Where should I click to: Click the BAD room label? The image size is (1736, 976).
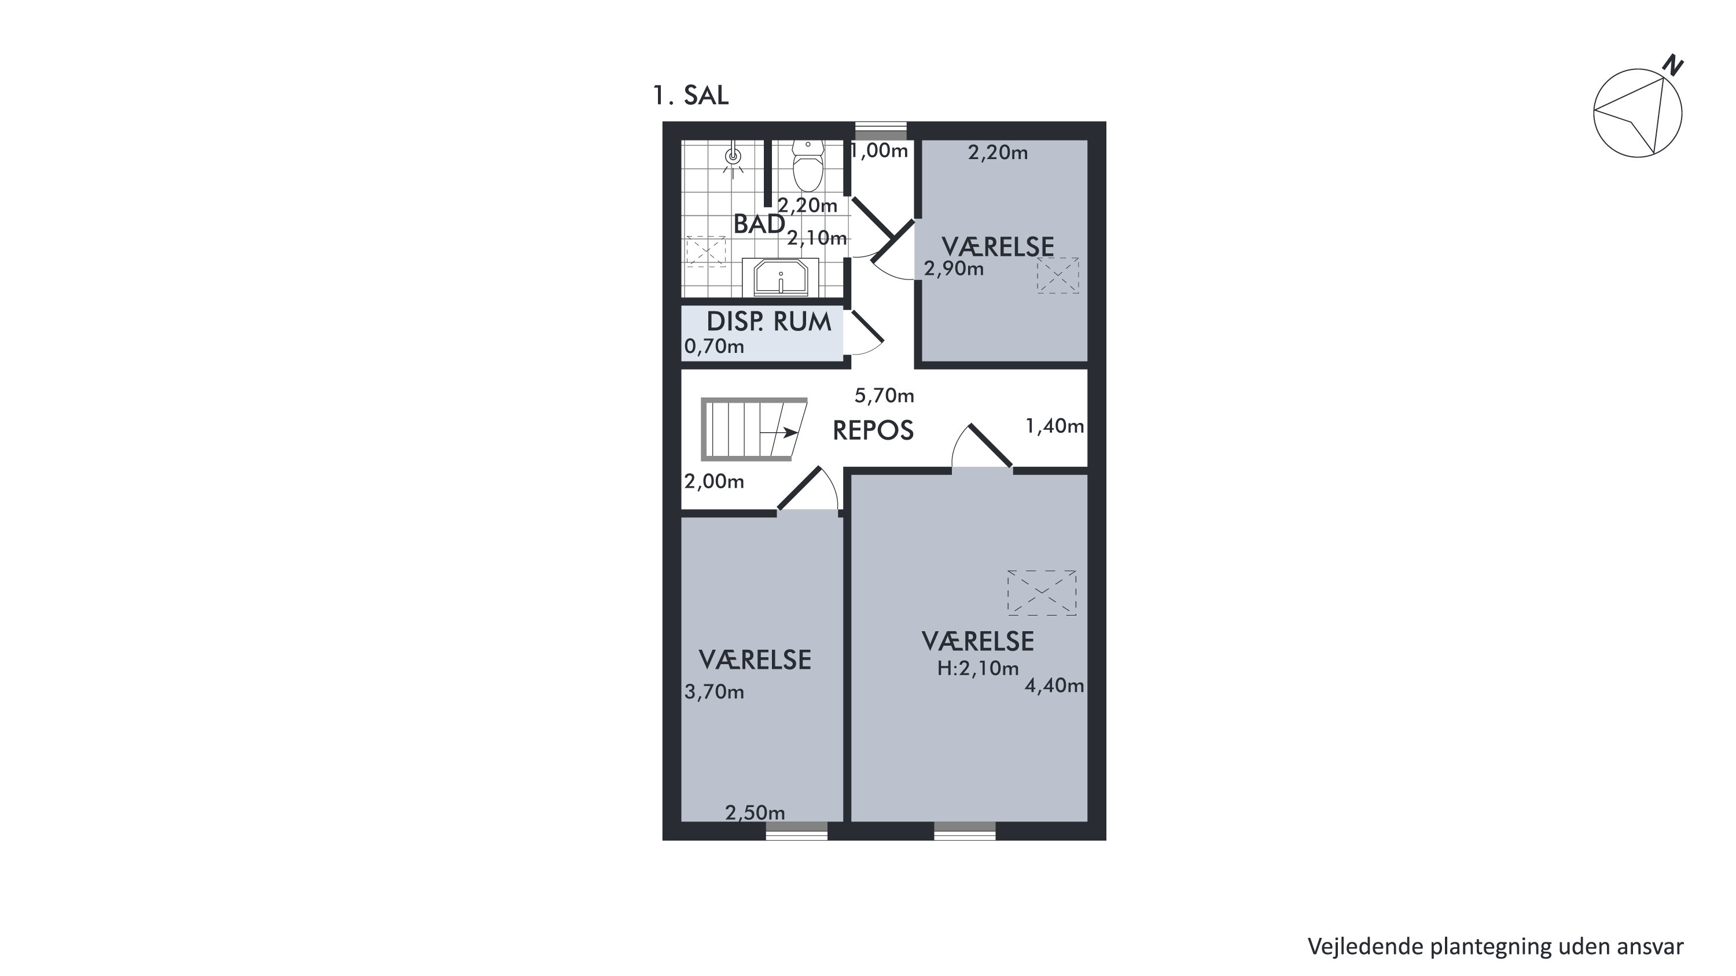point(759,224)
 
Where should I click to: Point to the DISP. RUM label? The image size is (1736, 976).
point(769,322)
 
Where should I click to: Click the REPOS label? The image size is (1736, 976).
point(873,430)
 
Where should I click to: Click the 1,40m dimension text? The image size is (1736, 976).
point(1055,426)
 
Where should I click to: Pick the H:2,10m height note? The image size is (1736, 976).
point(978,668)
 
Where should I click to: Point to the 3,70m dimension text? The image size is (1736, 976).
point(714,692)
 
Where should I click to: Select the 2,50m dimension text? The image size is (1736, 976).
point(755,813)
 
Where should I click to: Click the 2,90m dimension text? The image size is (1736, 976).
point(954,270)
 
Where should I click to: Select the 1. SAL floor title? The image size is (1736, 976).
point(691,95)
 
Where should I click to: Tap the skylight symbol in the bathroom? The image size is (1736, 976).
point(705,251)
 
